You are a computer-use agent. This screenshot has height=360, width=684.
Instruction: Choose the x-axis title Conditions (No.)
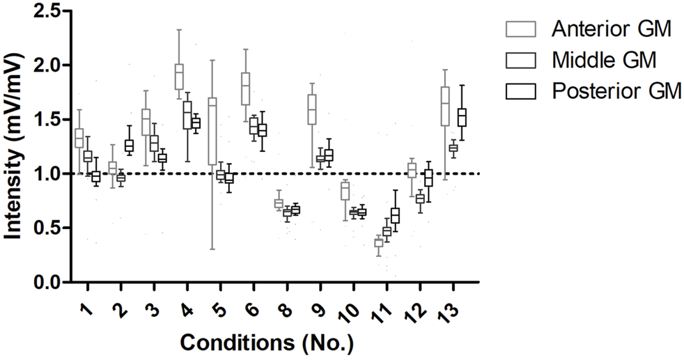(267, 343)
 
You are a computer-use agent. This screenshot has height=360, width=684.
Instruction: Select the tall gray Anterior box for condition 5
(212, 131)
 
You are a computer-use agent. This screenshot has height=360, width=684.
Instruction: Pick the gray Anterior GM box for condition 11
(378, 242)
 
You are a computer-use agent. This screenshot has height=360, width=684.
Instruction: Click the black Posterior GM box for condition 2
(130, 146)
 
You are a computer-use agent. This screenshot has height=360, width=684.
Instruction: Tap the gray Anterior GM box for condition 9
(312, 109)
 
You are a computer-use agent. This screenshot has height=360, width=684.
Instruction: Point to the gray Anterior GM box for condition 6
(245, 88)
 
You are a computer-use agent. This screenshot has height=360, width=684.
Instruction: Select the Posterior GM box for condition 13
(461, 117)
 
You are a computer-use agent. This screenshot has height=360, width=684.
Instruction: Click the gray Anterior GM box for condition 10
(345, 191)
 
